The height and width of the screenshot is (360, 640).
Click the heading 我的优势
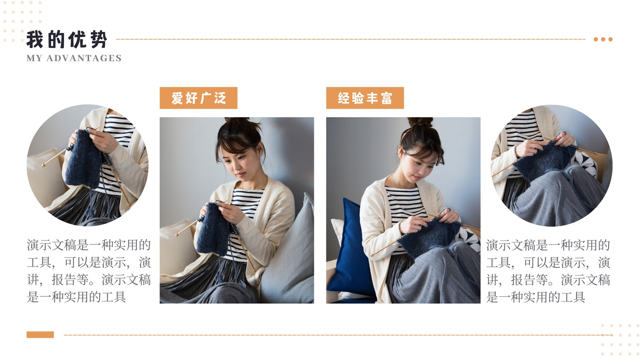66,40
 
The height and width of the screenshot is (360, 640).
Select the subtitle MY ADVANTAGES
74,58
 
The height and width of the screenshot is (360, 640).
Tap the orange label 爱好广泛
198,98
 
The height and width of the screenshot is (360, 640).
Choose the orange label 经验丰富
365,98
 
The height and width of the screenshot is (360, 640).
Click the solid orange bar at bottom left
40,334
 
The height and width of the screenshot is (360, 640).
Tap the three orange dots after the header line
603,40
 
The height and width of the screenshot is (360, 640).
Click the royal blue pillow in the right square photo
351,248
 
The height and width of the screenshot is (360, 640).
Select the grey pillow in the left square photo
288,252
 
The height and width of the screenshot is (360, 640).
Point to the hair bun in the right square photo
420,122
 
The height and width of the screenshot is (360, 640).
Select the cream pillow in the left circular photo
46,177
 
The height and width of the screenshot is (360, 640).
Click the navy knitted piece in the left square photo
213,228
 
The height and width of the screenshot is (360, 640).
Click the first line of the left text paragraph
88,245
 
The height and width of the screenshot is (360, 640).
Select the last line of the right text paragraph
536,297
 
